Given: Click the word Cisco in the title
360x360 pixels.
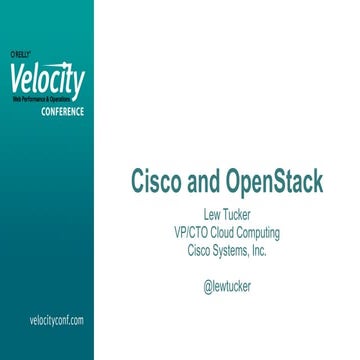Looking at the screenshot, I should [161, 183].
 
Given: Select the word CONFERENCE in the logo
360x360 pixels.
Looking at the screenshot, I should [62, 111].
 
